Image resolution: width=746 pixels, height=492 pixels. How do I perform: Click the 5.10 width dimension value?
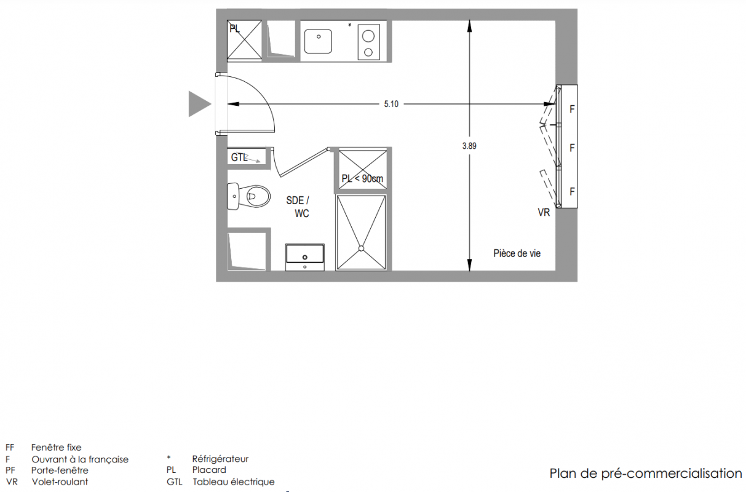391,104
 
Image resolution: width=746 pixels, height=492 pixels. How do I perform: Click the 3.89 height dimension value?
469,146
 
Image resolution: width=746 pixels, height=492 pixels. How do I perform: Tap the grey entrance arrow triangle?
199,104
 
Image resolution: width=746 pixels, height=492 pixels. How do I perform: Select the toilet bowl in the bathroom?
257,196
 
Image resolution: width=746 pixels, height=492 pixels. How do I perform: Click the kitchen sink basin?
318,41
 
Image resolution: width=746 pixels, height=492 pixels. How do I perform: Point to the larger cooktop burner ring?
368,36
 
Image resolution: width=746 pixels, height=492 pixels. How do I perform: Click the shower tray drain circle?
362,248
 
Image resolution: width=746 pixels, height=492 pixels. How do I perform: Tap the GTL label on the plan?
239,157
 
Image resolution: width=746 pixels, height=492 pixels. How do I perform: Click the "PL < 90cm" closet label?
362,178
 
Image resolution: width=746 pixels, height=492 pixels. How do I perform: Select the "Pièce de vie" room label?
517,253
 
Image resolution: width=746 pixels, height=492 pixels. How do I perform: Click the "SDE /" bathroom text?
298,200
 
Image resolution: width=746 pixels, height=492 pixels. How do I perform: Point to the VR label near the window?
544,212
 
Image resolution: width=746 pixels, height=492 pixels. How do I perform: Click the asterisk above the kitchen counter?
350,25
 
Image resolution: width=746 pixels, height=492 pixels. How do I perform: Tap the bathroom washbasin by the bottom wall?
304,257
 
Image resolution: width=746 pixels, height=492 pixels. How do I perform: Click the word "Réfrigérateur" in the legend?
220,459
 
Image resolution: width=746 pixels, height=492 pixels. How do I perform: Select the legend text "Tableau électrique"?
234,482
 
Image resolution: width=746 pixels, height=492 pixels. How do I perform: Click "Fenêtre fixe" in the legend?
57,447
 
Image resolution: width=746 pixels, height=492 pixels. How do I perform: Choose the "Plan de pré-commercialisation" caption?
645,474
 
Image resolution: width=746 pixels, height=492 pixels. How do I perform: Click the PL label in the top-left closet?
235,29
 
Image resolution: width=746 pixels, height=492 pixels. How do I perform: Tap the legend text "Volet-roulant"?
60,482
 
